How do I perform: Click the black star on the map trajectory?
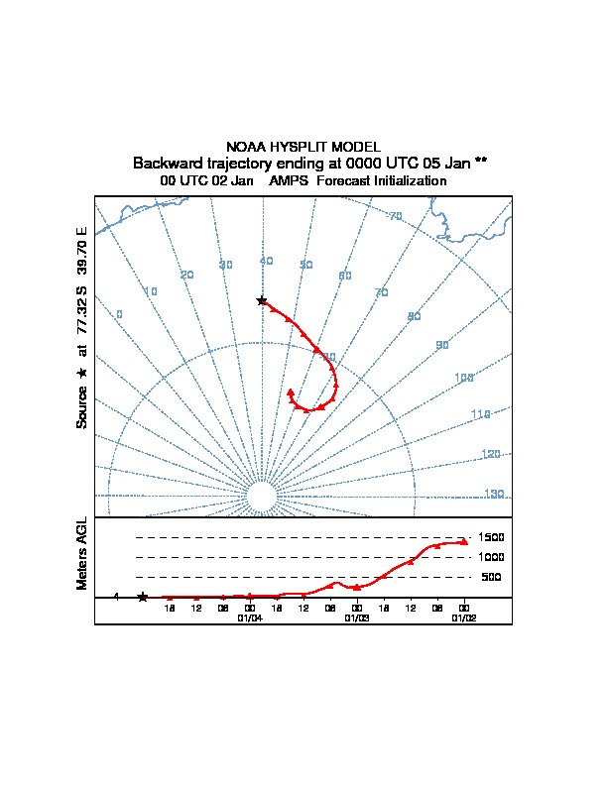(x=262, y=300)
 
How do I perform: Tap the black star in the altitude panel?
(x=143, y=597)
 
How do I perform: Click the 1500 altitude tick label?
(x=492, y=537)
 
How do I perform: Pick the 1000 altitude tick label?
(x=492, y=557)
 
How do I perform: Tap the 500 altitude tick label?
(x=491, y=577)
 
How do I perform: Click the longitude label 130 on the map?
(x=494, y=494)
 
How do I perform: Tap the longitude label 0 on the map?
(x=119, y=314)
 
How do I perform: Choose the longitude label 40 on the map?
(x=266, y=261)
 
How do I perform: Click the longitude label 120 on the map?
(x=490, y=454)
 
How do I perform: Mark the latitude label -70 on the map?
(x=394, y=217)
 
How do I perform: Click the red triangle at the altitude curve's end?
(x=463, y=541)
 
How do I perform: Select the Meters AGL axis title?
(x=82, y=554)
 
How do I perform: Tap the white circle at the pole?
(x=261, y=497)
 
